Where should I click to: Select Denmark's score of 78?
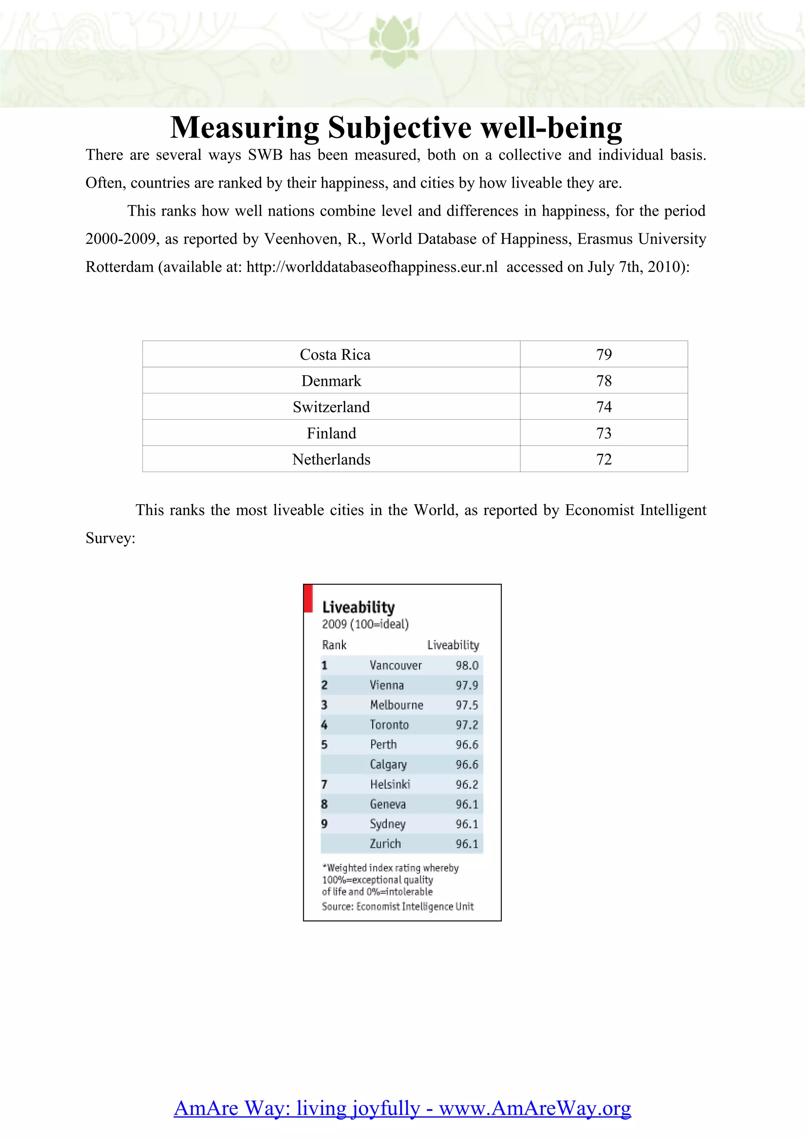603,381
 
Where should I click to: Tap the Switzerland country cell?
331,407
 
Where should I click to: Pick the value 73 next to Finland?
603,433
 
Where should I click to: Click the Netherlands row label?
331,460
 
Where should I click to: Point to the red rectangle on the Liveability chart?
308,598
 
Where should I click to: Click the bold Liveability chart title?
358,607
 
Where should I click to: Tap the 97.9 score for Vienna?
466,685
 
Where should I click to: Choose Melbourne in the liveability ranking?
396,705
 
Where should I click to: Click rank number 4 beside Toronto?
324,725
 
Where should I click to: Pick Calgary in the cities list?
388,765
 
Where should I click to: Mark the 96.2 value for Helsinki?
466,784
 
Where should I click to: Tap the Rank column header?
334,645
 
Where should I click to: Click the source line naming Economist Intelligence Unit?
397,907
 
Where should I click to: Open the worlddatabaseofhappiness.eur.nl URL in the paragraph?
372,267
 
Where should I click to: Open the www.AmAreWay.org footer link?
535,1108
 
